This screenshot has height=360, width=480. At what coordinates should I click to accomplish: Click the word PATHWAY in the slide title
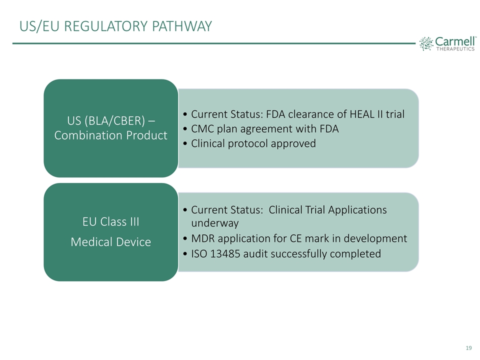tap(182, 26)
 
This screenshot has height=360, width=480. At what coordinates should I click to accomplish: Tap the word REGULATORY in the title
tap(106, 26)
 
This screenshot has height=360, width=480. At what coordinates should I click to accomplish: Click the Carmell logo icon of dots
tap(426, 43)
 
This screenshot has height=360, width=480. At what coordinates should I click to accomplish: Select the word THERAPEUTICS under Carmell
tap(455, 49)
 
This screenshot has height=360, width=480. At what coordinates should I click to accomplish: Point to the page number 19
tap(468, 348)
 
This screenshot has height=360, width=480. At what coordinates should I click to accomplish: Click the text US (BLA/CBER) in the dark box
tap(106, 121)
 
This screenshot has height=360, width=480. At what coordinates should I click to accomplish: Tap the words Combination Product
tap(111, 135)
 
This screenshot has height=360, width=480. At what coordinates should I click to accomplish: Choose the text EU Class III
tap(111, 221)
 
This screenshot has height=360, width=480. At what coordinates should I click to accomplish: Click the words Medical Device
tap(111, 242)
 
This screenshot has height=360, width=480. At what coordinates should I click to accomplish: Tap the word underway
tap(215, 223)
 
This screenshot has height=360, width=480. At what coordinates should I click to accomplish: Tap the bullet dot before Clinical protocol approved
tap(185, 144)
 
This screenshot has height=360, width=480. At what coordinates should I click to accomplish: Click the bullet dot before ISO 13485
tap(185, 254)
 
